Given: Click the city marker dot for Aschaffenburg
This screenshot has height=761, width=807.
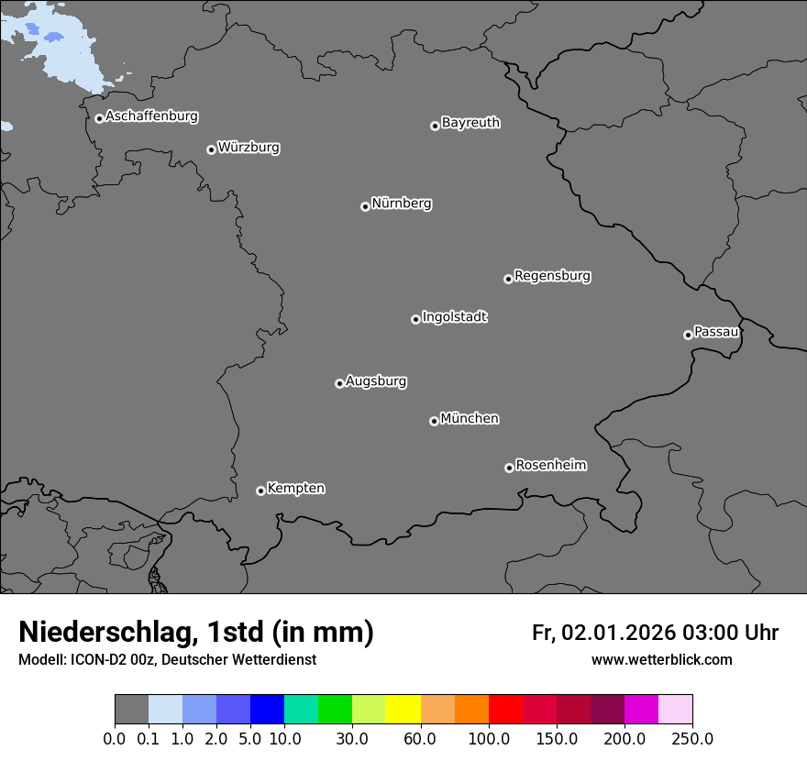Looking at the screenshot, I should [x=99, y=118].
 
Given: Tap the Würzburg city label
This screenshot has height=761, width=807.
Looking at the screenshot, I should [x=249, y=148].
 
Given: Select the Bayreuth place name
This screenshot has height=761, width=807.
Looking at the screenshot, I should [x=470, y=123].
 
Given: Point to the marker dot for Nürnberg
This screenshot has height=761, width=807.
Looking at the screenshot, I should [x=365, y=206].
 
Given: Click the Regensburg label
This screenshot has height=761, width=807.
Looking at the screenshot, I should [x=552, y=276].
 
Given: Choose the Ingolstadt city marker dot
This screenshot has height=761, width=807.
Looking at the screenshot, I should [x=415, y=319].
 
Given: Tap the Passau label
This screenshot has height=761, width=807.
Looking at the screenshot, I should [x=716, y=332].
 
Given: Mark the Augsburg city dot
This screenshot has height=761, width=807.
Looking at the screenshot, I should [x=339, y=383].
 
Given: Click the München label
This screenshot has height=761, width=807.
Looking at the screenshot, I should [x=470, y=419].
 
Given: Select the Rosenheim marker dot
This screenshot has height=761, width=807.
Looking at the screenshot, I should [x=509, y=469].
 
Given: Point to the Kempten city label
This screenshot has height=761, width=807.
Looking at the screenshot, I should [x=295, y=489].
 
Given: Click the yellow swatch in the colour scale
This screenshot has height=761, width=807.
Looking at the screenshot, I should [x=403, y=710].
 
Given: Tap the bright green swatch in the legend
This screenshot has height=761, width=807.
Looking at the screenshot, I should [x=335, y=710].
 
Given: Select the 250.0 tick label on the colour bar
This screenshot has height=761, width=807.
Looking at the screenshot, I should [x=692, y=738].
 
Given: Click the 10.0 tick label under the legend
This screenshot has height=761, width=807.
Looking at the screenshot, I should [x=284, y=738].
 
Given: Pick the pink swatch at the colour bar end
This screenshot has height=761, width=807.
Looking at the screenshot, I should [x=675, y=710].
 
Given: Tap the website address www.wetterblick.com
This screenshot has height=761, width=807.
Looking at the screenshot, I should [x=662, y=659].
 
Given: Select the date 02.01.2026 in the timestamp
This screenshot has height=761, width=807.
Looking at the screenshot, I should [x=618, y=633].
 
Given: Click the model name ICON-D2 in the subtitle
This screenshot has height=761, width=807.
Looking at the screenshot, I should [x=91, y=659].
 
